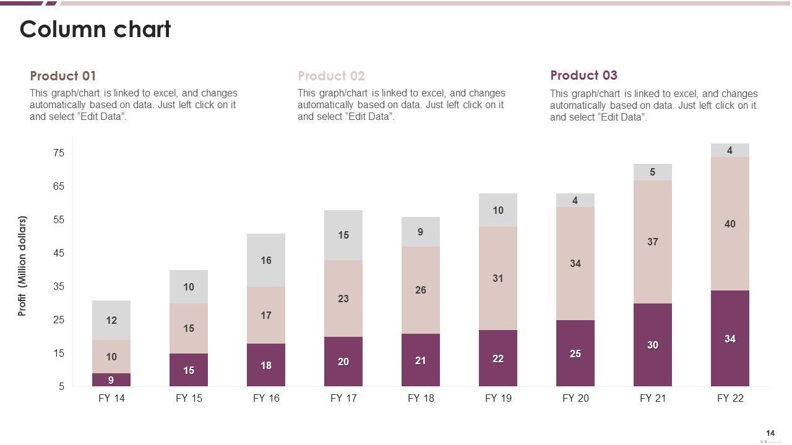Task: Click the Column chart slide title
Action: point(95,30)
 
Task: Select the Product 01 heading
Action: point(63,76)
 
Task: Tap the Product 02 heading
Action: point(331,76)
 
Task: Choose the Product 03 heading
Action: point(583,75)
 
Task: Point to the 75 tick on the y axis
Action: point(59,153)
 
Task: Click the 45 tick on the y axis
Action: point(59,253)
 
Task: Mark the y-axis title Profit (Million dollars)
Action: point(23,266)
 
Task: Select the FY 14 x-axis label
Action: point(111,399)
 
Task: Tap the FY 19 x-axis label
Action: point(498,399)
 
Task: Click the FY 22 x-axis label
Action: point(730,399)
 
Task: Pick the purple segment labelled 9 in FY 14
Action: point(111,380)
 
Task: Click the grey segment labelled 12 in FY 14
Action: point(111,320)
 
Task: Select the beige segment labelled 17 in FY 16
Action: point(266,315)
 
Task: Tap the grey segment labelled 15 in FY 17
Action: point(343,235)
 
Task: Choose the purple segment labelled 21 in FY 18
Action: point(421,360)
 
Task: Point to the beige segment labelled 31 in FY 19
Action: point(498,278)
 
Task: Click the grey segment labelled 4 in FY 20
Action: point(575,200)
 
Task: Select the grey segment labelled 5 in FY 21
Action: point(653,172)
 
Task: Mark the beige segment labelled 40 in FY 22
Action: point(730,224)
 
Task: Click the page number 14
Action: point(770,433)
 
